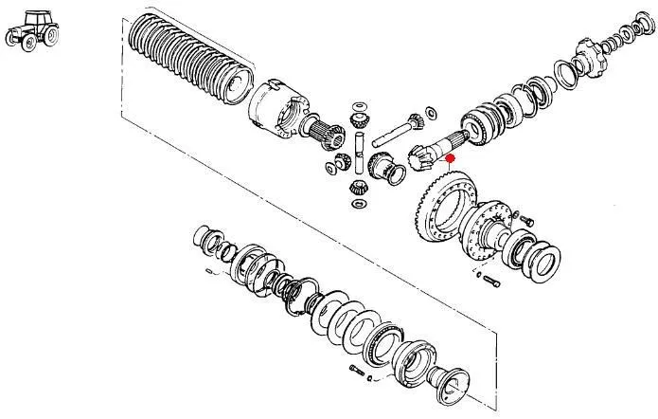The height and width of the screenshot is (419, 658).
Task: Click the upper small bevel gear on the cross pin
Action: (x=360, y=119)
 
